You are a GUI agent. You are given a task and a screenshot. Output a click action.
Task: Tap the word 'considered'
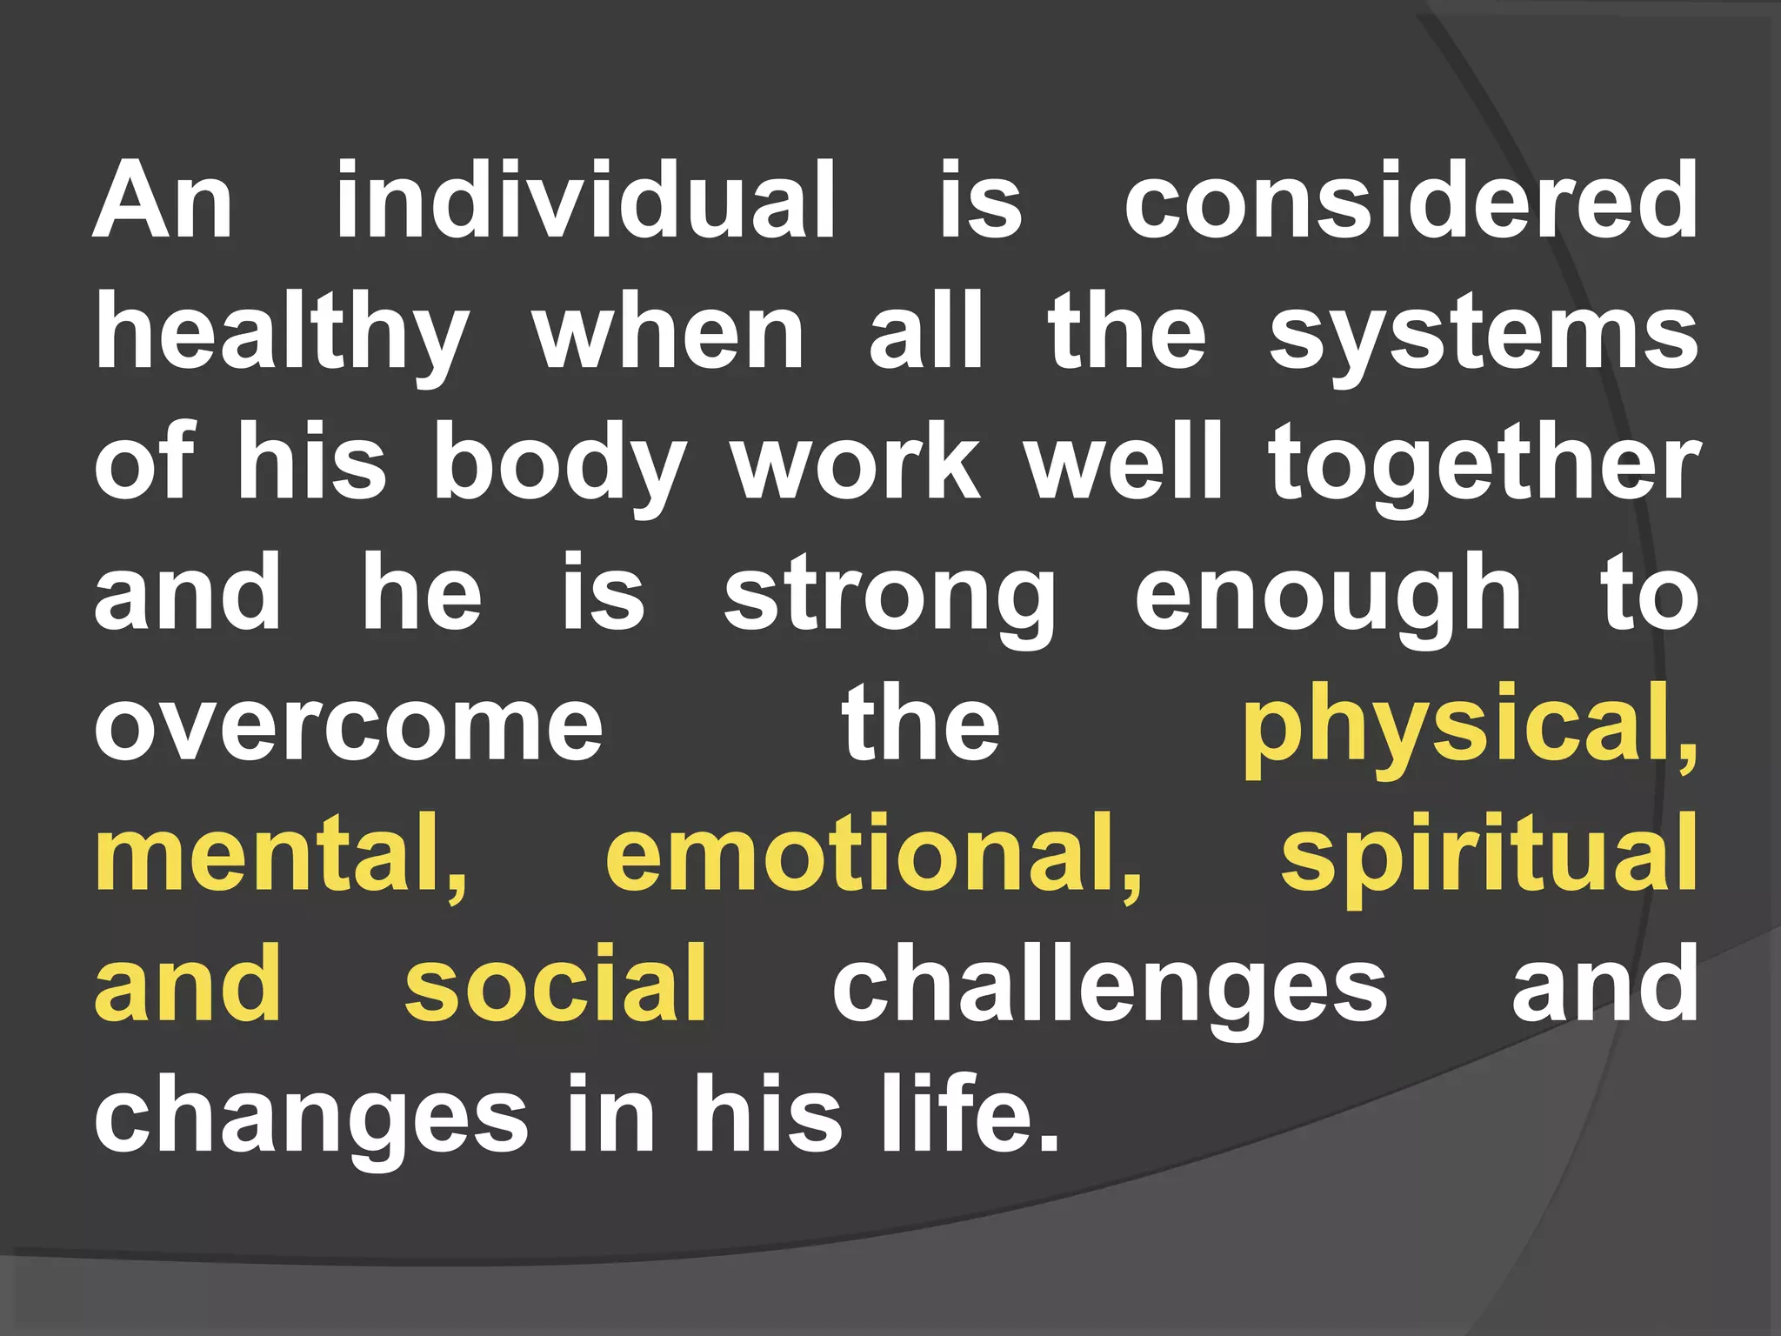click(x=1411, y=201)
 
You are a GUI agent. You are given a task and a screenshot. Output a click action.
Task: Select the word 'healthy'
click(x=283, y=336)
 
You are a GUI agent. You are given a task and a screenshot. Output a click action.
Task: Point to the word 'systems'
click(x=1483, y=336)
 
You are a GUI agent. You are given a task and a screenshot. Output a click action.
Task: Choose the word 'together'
click(x=1483, y=465)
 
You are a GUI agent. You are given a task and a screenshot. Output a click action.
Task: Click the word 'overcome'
click(x=348, y=726)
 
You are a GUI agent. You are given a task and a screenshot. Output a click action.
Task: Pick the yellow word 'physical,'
click(x=1470, y=726)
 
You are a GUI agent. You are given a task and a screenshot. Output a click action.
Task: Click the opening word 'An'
click(x=163, y=201)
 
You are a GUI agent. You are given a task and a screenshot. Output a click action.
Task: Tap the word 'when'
click(x=670, y=336)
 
